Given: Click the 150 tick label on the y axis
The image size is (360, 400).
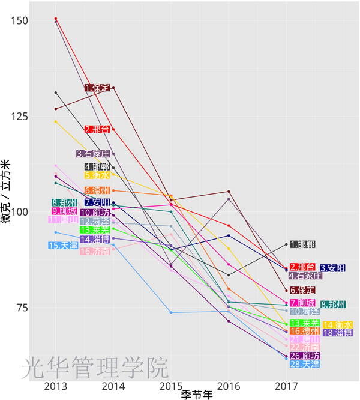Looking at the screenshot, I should [20, 21].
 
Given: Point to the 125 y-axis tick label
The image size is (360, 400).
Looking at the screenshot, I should [20, 117].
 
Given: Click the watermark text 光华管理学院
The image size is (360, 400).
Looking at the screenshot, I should [95, 368].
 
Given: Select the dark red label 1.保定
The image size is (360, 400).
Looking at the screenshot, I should [97, 88].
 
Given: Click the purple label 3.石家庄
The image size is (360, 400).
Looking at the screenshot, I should [94, 154].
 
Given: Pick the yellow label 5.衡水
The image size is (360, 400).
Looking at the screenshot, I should [97, 175].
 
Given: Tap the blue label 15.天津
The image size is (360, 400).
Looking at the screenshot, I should [63, 246].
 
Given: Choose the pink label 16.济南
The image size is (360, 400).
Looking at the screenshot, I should [95, 252].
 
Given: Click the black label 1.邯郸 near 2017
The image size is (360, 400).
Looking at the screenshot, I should [302, 244].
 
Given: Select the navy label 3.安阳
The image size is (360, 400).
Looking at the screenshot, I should [332, 268].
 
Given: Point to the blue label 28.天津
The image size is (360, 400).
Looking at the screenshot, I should [304, 364].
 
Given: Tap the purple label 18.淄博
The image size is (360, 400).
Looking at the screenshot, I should [337, 333].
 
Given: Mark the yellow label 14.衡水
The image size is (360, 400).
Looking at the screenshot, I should [337, 324].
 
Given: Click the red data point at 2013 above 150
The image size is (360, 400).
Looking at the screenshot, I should [56, 19].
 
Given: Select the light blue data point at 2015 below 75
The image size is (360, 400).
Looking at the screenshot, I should [171, 312].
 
